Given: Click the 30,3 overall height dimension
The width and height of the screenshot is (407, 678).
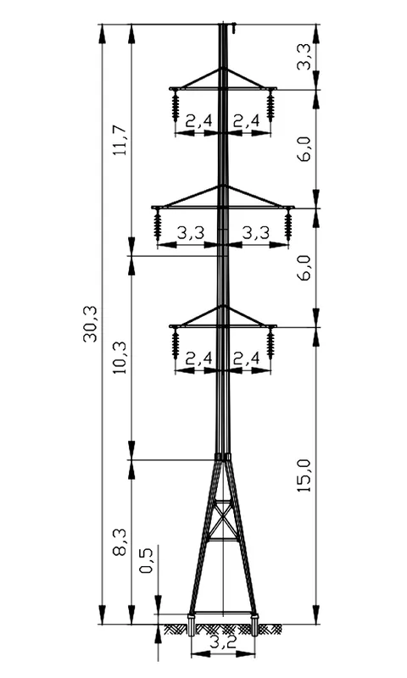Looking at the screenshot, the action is point(91,324).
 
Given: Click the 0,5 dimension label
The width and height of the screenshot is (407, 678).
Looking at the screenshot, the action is point(147,560).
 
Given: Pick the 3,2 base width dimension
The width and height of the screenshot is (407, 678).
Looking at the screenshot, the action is point(223,642).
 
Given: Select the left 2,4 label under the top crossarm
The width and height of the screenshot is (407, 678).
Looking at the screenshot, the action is point(199,120).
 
